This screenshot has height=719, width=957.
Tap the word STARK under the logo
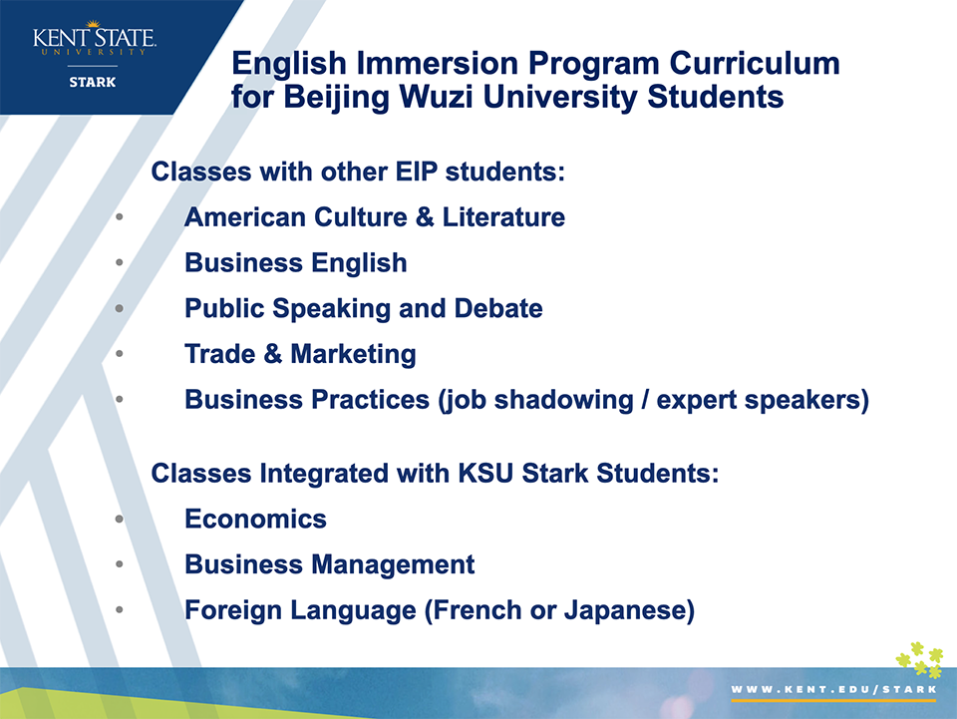93,83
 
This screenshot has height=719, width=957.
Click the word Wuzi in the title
436,97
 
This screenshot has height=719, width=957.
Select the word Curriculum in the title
755,63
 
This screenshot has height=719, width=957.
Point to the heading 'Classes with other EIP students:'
358,172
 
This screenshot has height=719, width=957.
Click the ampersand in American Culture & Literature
425,217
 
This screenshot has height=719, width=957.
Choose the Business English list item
296,263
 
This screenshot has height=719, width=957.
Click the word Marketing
353,355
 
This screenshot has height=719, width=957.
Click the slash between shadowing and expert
645,400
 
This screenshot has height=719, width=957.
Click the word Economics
256,519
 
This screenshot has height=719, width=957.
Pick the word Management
394,564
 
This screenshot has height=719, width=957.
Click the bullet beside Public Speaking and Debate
119,309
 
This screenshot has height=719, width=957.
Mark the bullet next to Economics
119,520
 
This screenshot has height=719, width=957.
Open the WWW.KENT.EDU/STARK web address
833,690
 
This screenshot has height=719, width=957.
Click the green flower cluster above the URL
920,660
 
